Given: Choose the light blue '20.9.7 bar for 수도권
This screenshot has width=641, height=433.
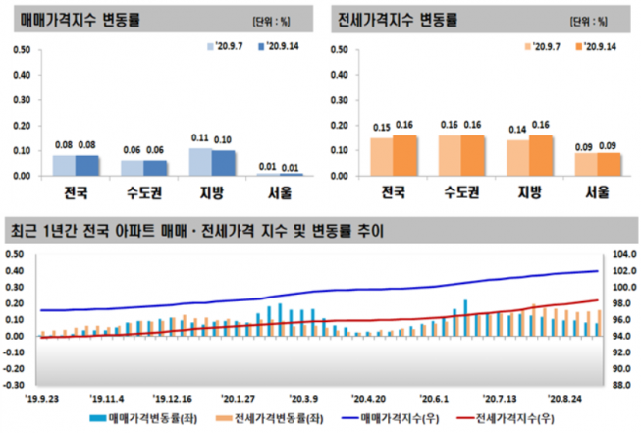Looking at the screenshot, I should coord(133,168).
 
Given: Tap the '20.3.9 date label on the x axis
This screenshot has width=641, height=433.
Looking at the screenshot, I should coord(303,400).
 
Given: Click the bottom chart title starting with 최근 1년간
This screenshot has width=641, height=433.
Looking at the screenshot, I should coord(195,233).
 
